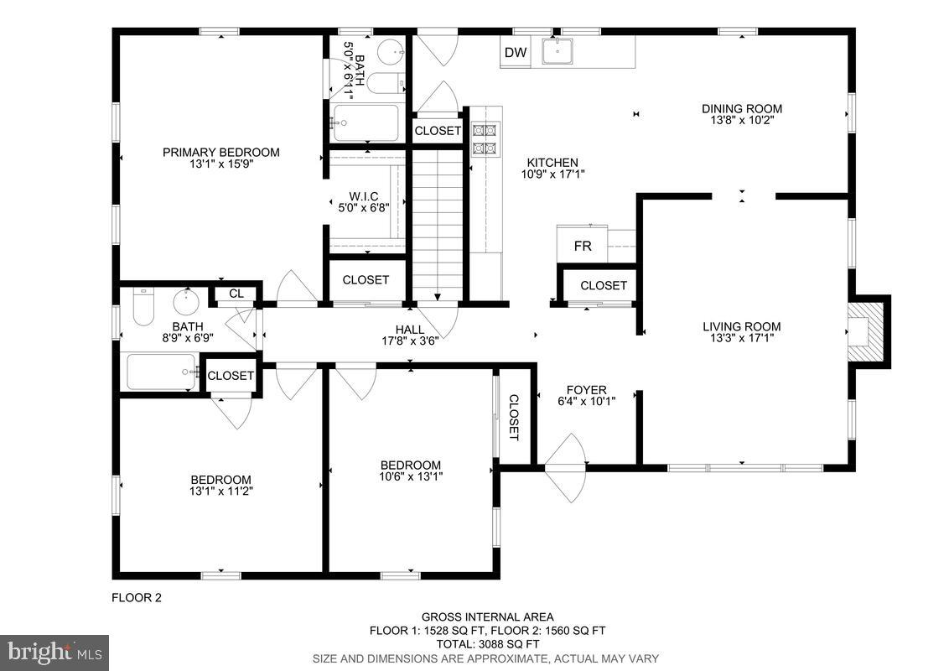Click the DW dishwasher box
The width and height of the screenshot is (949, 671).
coord(516,54)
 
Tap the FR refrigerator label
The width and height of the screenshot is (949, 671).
coord(583,247)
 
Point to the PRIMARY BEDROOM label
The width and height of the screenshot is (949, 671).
coord(220,152)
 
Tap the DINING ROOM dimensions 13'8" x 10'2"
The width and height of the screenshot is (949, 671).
coord(742,120)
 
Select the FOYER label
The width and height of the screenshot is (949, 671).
coord(586,389)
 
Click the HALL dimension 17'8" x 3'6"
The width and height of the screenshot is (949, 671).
coord(410,341)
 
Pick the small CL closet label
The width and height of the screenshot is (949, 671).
coord(236,294)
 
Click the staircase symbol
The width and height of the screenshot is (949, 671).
coord(438,222)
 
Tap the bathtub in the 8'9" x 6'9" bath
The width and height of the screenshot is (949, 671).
coord(163,372)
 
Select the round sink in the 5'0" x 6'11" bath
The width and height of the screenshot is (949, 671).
coord(390,53)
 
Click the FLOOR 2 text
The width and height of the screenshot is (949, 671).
coord(136,598)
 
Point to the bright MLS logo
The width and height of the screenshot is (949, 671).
coord(54,652)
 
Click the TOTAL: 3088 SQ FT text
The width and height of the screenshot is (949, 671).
coord(486,644)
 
